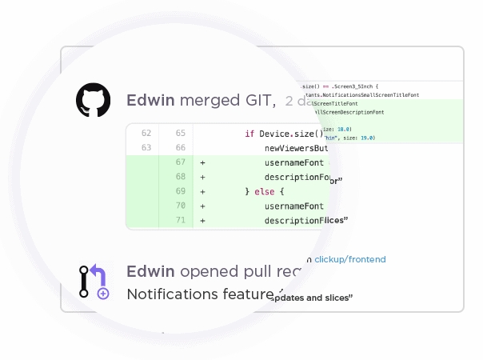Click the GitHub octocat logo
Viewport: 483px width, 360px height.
(x=94, y=101)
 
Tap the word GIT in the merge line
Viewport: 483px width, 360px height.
(x=253, y=101)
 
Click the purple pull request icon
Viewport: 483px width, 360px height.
(x=94, y=282)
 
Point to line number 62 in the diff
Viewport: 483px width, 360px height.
(x=146, y=133)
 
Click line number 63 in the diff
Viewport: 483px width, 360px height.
(x=146, y=148)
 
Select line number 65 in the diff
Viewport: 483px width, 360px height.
(x=180, y=133)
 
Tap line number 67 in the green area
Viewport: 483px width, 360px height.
(x=180, y=162)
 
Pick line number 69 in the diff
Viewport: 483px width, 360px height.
(x=180, y=191)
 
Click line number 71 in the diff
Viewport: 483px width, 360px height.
(x=180, y=221)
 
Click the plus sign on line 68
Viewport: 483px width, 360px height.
(x=203, y=177)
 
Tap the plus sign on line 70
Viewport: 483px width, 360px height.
(x=203, y=206)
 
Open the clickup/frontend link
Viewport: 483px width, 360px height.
(x=350, y=259)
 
